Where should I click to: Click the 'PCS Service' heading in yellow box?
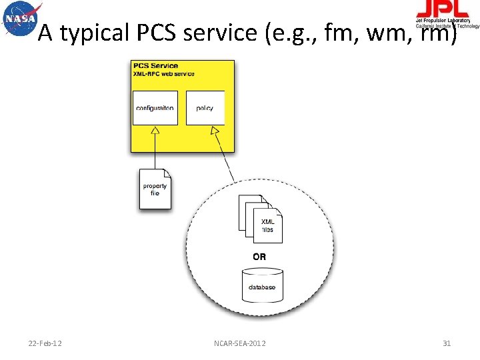coord(155,65)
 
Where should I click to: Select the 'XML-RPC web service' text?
coord(164,73)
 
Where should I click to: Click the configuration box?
coord(155,108)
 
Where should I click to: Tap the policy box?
coord(205,108)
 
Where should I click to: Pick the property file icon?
coord(155,189)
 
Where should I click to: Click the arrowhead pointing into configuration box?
coord(155,131)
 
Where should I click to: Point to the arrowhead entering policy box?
coord(216,132)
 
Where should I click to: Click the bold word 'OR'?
coord(259,257)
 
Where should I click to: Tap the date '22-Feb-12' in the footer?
coord(45,343)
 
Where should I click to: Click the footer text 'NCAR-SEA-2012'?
coord(240,343)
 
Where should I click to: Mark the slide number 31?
coord(447,343)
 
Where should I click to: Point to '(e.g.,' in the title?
coord(295,33)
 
